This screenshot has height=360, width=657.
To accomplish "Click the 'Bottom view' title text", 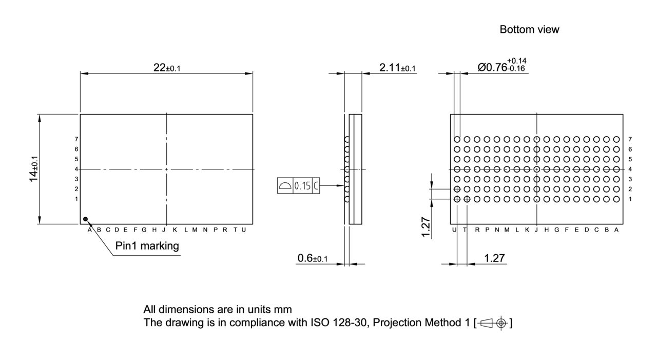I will click(x=529, y=30).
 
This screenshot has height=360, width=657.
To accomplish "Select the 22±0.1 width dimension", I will click(x=167, y=68).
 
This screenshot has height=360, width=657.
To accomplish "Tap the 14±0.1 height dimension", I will click(x=34, y=169).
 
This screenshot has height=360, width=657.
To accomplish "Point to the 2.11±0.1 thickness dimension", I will click(x=397, y=68).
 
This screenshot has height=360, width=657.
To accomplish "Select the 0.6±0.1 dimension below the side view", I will click(x=313, y=258).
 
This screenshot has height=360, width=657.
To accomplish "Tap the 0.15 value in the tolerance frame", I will click(x=302, y=186).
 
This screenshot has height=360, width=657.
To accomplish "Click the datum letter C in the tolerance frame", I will click(x=316, y=186).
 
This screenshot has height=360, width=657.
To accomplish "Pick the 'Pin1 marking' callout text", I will click(x=147, y=246).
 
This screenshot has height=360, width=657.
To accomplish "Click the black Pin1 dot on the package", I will click(x=86, y=219).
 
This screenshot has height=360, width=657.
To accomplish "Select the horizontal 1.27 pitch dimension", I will click(x=494, y=258).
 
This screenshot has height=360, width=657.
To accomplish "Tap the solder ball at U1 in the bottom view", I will click(x=457, y=199).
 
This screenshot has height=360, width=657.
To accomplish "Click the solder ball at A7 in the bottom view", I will click(x=616, y=139).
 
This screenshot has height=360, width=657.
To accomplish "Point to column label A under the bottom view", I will click(x=616, y=230).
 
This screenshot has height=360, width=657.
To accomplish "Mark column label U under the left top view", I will click(x=244, y=230).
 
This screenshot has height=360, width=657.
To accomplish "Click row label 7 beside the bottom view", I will click(x=630, y=139).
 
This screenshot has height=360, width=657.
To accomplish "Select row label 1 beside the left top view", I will click(x=76, y=199).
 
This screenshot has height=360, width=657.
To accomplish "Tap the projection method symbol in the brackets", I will click(x=494, y=323).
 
